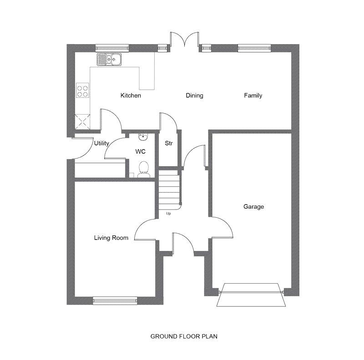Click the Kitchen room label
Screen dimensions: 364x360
131,95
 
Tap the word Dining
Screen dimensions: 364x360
195,95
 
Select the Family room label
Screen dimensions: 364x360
253,95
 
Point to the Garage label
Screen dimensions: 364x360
253,206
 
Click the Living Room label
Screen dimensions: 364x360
111,238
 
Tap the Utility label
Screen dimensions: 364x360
101,143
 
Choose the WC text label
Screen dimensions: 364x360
141,151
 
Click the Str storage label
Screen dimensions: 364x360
169,143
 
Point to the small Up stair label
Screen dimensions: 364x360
168,213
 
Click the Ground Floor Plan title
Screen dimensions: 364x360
184,336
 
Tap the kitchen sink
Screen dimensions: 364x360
109,59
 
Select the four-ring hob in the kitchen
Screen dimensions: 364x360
83,90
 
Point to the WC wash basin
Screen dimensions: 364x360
143,137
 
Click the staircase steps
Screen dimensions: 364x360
169,190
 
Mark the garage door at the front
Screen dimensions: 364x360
251,295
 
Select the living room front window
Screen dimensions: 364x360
115,300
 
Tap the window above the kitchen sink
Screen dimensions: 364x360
112,48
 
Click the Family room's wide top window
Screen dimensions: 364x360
254,48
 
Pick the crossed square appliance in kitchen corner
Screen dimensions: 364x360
83,121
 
